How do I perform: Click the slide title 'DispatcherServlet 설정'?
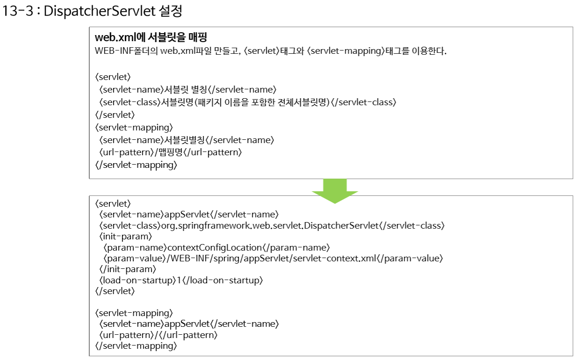[113, 11]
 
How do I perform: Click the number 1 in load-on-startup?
[179, 280]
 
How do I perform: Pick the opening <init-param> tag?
[126, 236]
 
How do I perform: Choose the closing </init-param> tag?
[127, 269]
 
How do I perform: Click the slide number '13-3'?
[18, 11]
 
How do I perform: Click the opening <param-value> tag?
[135, 258]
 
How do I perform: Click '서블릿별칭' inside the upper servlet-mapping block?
[184, 140]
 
